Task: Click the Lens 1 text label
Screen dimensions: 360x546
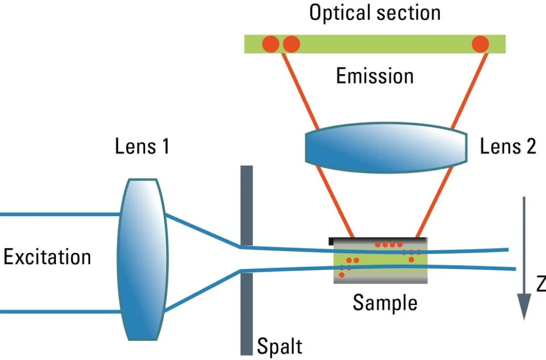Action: tap(142, 146)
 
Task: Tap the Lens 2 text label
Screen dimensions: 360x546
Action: tap(508, 146)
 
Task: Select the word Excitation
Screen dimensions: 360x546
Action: tap(47, 257)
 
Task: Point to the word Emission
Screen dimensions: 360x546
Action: tap(374, 76)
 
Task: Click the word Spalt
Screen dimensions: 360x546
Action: tap(280, 346)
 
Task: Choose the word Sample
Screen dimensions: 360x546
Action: tap(384, 303)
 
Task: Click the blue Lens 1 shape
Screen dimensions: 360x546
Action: tap(141, 259)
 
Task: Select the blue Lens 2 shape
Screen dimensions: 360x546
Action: tap(386, 146)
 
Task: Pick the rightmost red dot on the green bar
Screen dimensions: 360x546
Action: tap(480, 44)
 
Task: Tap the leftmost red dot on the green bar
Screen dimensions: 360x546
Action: tap(270, 44)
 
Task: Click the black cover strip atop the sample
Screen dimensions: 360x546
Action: tap(373, 240)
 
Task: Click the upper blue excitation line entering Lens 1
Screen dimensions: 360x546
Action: tap(59, 214)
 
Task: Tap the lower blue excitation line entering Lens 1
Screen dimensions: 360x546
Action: tap(59, 311)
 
